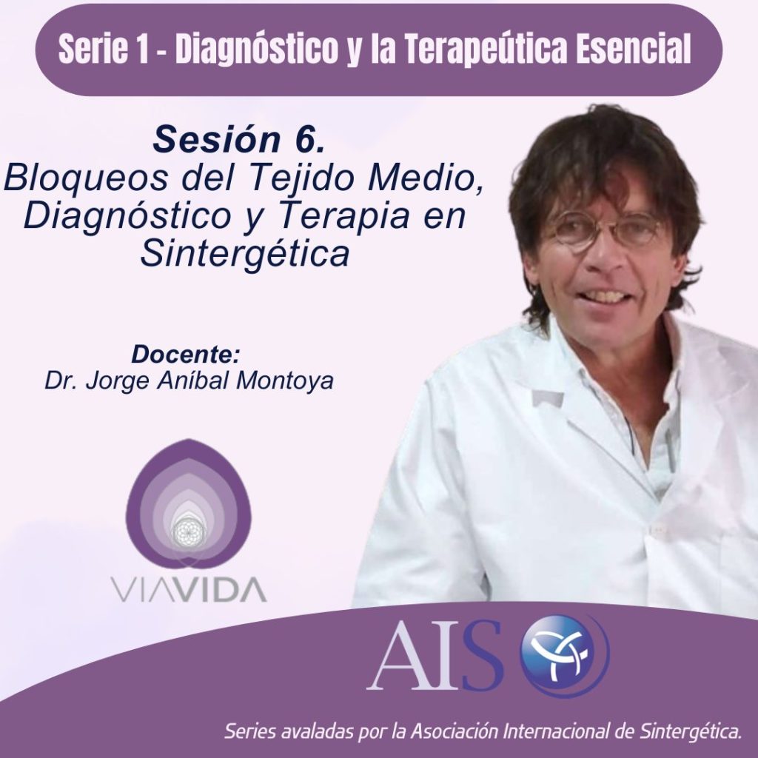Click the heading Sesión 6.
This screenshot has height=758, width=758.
coord(238,139)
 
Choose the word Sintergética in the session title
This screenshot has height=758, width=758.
coord(244,253)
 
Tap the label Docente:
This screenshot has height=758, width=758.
coord(186,355)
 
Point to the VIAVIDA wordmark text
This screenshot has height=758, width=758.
coord(189,588)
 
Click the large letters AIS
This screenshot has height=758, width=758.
coord(435,656)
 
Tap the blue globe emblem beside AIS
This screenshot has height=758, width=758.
coord(564,656)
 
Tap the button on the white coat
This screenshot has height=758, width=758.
coord(657,530)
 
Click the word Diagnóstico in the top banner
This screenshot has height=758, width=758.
coord(256,50)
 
